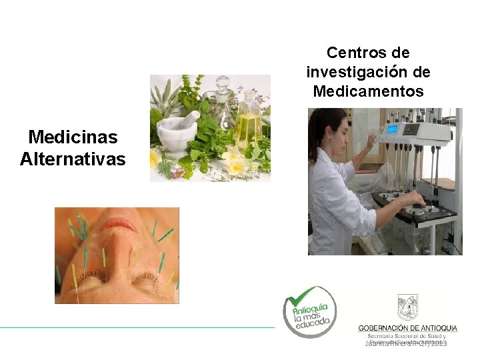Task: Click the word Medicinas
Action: pos(73,137)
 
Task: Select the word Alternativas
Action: pos(73,159)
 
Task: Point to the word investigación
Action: pos(359,72)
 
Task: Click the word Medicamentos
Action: pos(368,91)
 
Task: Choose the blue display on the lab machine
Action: pos(393,129)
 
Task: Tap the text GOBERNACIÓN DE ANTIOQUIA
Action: pos(407,327)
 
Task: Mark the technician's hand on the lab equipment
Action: pos(416,198)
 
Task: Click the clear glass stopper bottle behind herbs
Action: pos(223,100)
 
